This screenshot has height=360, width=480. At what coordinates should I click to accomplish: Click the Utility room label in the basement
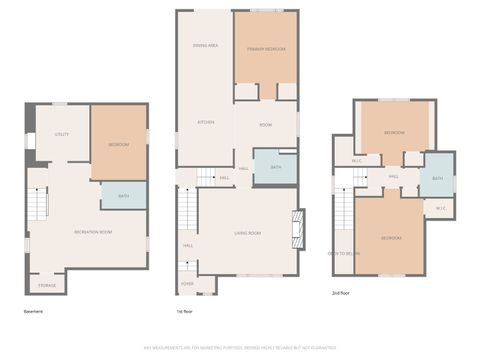tap(61, 134)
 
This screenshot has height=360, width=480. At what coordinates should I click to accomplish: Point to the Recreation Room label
tap(92, 232)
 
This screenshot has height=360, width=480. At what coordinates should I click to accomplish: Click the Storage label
tap(48, 286)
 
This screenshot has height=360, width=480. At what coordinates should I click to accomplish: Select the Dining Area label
tap(206, 46)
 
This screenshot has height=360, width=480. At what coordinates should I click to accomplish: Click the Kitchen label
tap(206, 122)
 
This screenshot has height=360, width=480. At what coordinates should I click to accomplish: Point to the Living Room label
tap(248, 232)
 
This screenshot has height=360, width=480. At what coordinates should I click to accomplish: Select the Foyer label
tap(187, 284)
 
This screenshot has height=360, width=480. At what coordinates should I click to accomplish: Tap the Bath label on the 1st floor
tap(275, 167)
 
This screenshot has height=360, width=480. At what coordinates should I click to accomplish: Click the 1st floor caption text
tap(185, 311)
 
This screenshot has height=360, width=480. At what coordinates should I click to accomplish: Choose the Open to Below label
tap(345, 254)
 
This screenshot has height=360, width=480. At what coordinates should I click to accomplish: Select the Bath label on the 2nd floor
tap(437, 178)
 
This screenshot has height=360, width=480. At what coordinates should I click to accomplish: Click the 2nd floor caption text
tap(342, 293)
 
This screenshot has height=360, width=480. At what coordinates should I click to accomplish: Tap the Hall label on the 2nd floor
tap(394, 177)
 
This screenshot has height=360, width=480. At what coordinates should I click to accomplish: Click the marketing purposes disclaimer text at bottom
tap(240, 347)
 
